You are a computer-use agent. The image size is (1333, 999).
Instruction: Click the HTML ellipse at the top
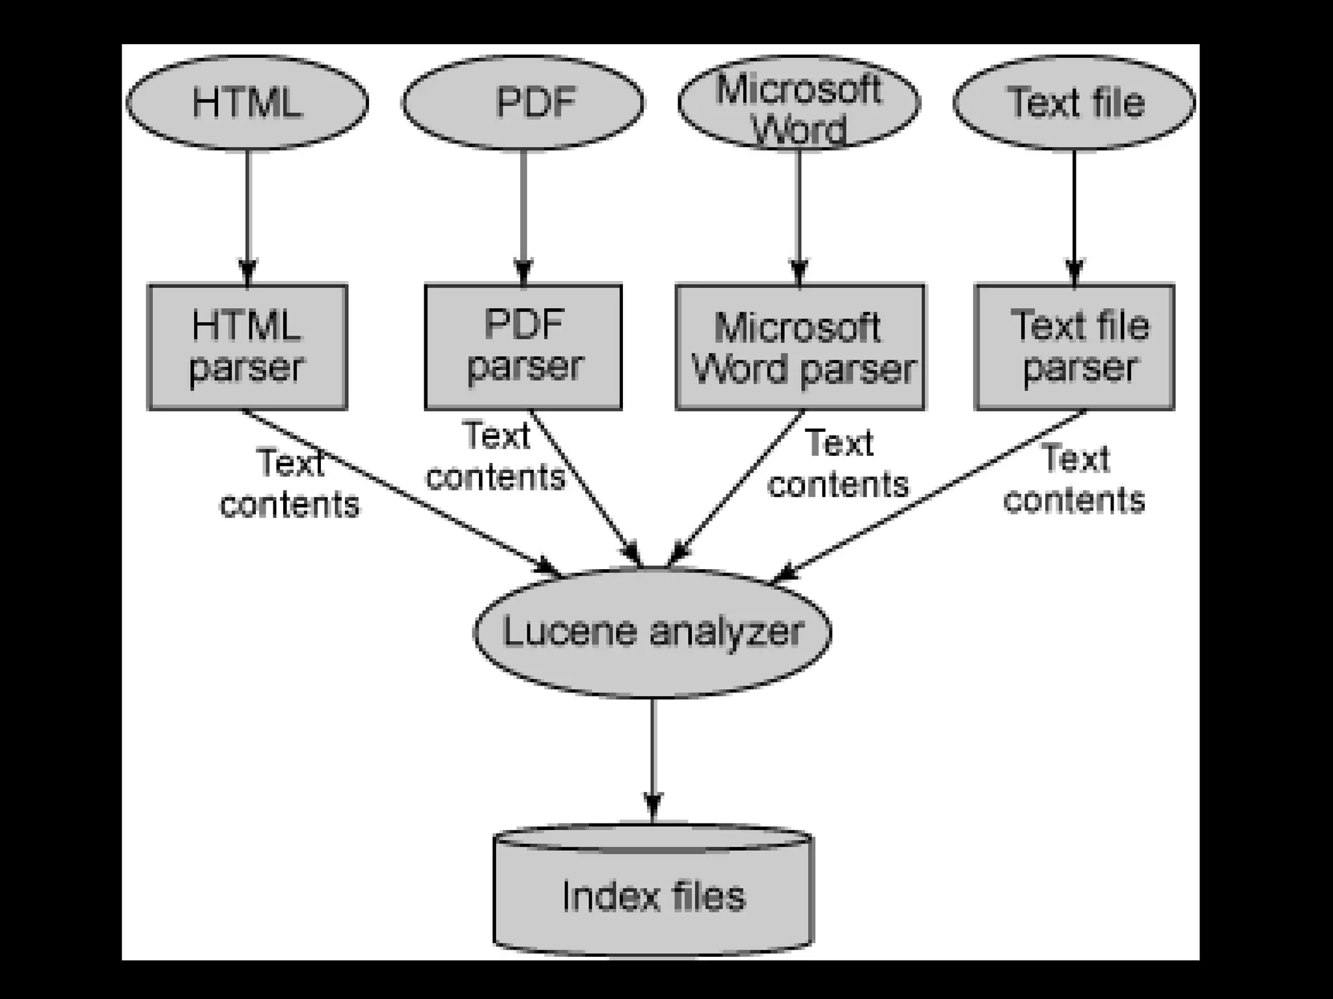coord(247,103)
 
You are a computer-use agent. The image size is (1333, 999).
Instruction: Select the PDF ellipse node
coord(523,103)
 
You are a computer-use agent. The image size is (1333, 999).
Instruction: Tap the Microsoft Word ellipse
coord(799,103)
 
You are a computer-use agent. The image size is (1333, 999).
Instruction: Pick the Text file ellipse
coord(1075,103)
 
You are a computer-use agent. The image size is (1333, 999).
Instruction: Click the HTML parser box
coord(247,347)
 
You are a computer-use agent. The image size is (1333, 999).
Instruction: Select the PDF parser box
coord(523,347)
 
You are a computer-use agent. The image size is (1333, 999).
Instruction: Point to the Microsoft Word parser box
coord(800,347)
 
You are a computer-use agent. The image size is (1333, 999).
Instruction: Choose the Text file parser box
coord(1075,347)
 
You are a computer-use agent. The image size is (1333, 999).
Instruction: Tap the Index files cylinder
coord(653,894)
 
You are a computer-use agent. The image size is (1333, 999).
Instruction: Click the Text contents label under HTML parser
coord(290,484)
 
